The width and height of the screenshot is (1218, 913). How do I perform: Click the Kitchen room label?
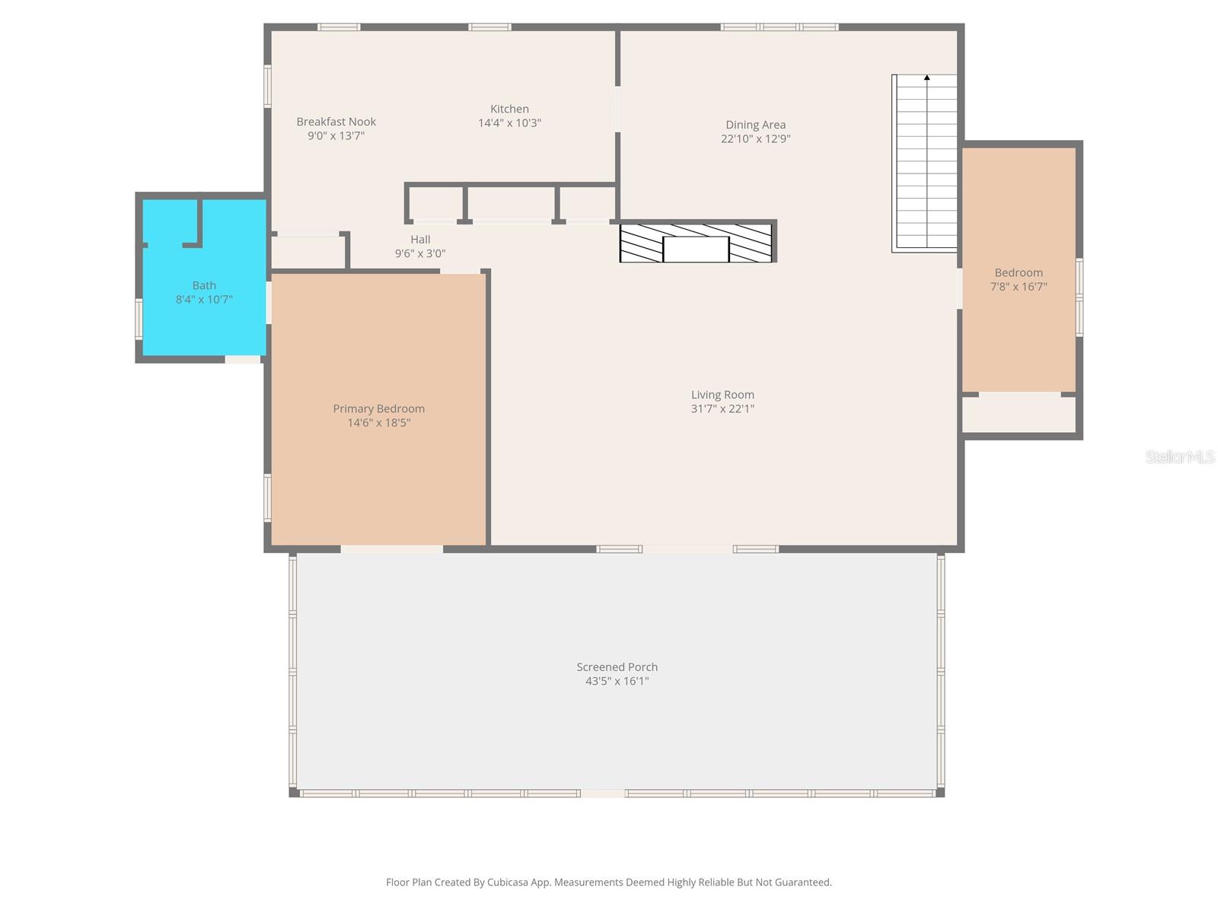(x=509, y=109)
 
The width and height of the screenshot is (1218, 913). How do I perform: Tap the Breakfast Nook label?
(x=336, y=122)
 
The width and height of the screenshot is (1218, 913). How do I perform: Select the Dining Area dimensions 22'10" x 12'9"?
(x=754, y=138)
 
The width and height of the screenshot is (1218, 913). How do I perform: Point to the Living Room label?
(x=722, y=395)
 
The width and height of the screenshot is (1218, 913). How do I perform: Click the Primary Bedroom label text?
(x=378, y=409)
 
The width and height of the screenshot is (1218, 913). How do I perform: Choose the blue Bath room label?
(x=204, y=285)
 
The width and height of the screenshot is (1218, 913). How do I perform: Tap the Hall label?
(x=420, y=240)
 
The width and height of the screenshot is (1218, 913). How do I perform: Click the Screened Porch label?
(x=617, y=667)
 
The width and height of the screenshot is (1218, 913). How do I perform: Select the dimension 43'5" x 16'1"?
(x=617, y=681)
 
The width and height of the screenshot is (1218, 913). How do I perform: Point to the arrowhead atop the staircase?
(x=926, y=78)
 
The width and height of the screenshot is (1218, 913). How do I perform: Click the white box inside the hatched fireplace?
(x=695, y=249)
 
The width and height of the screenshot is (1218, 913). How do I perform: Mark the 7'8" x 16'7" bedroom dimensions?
(x=1019, y=287)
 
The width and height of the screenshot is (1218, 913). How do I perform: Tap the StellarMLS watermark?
(x=1180, y=456)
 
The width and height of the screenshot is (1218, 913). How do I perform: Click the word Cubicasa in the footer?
(x=507, y=882)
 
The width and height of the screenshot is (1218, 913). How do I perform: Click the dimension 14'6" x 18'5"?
(x=378, y=422)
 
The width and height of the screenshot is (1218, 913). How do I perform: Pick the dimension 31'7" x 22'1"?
(x=722, y=409)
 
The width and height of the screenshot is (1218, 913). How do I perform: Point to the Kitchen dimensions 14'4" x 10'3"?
(x=509, y=122)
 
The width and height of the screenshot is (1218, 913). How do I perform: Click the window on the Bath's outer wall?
(x=139, y=318)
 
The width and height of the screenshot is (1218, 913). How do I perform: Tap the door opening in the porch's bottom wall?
(x=603, y=794)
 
